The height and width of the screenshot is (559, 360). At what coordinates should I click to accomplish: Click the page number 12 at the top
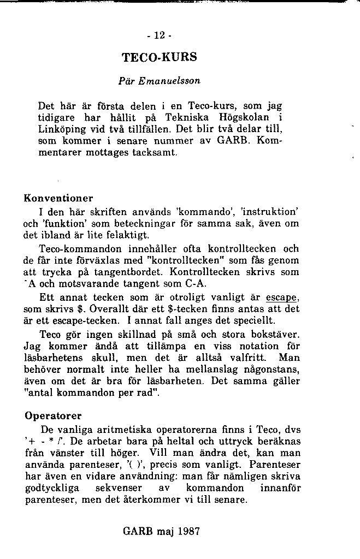pyautogui.click(x=160, y=36)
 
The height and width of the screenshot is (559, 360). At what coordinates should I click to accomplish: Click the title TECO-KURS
pyautogui.click(x=159, y=57)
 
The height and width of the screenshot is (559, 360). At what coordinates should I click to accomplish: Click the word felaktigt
pyautogui.click(x=129, y=235)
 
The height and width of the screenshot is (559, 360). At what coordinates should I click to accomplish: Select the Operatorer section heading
pyautogui.click(x=53, y=415)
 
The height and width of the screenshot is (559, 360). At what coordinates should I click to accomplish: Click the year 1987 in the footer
pyautogui.click(x=189, y=531)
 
